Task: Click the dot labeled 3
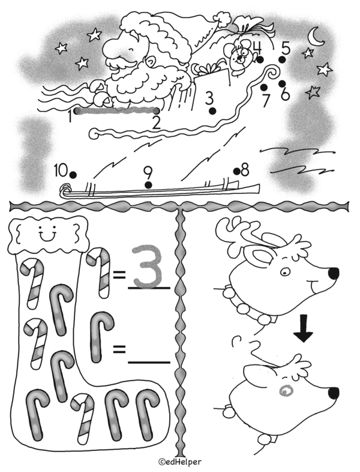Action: (212, 110)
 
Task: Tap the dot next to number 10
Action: (73, 175)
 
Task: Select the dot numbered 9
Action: (148, 185)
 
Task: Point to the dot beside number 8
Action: (237, 171)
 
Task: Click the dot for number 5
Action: (282, 60)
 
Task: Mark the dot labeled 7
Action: (264, 87)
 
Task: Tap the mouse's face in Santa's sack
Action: (238, 57)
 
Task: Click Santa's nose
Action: (110, 49)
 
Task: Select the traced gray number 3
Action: (148, 266)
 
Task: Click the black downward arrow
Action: (304, 328)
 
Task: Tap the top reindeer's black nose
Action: (334, 273)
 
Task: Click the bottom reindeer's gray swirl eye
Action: (286, 390)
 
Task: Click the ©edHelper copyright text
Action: (180, 461)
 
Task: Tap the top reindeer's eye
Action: (285, 273)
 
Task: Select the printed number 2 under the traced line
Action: (156, 123)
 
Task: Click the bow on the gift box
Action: (208, 68)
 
